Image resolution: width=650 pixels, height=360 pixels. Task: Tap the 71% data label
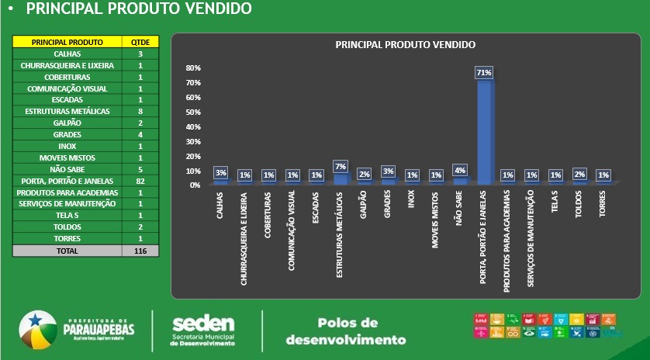484,72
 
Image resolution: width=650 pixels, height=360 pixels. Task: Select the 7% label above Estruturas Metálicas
340,166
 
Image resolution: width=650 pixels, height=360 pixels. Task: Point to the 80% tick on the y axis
193,68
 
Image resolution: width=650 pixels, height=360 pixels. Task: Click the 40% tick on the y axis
193,126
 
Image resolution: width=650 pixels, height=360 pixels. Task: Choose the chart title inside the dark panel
405,45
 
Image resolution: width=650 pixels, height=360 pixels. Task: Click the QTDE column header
140,42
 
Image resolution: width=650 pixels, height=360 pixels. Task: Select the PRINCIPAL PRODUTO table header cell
67,42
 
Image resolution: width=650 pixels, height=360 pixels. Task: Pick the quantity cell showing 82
140,181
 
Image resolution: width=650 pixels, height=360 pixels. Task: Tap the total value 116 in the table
140,251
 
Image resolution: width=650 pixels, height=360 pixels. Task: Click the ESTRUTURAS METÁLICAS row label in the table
67,112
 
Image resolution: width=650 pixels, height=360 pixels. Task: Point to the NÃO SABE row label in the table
67,169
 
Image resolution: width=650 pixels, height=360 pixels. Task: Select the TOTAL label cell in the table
67,251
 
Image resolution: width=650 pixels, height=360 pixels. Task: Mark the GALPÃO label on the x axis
364,206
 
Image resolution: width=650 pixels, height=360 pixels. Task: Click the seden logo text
203,324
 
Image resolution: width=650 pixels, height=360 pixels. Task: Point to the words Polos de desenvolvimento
346,331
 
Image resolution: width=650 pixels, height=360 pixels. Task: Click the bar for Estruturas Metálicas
340,178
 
